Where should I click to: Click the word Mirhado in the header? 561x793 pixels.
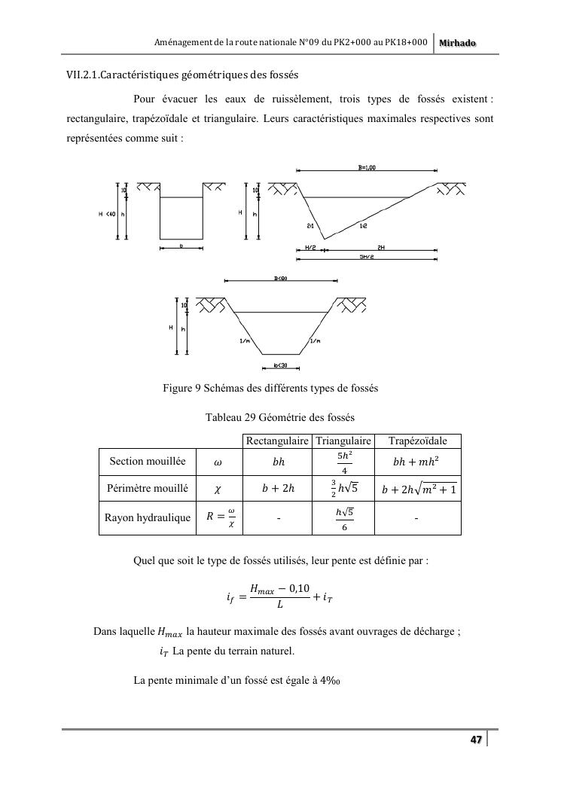pyautogui.click(x=457, y=44)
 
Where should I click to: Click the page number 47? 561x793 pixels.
pyautogui.click(x=476, y=740)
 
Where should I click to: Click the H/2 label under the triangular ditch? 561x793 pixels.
pyautogui.click(x=310, y=247)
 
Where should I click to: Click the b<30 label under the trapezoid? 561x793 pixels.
pyautogui.click(x=281, y=366)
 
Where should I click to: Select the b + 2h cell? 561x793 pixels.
pyautogui.click(x=278, y=490)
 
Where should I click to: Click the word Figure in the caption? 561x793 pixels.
pyautogui.click(x=178, y=389)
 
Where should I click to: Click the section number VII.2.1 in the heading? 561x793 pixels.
pyautogui.click(x=83, y=75)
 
